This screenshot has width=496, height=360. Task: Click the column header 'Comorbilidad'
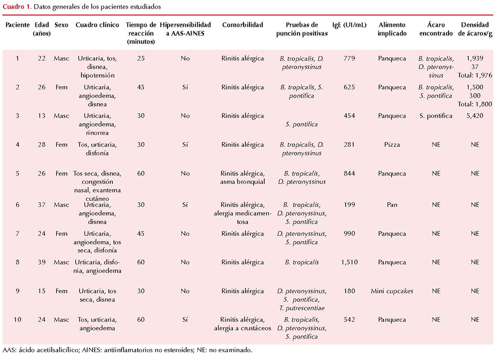(242, 25)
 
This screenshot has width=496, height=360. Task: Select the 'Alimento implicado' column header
(392, 29)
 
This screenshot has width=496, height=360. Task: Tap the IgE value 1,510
(349, 262)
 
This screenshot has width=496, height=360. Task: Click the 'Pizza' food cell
(392, 145)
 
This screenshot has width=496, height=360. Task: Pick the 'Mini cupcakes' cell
(392, 291)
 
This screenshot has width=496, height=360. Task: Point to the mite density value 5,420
(475, 116)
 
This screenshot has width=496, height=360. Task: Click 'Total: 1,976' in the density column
(475, 75)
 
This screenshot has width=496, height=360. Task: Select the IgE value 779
(349, 59)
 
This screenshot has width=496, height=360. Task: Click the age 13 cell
(42, 116)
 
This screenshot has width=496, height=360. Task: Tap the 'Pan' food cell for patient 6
(392, 205)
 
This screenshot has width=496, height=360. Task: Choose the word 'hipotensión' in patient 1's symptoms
(97, 75)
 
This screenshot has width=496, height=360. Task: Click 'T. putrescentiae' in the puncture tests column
(302, 308)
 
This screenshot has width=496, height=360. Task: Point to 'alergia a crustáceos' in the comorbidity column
(242, 329)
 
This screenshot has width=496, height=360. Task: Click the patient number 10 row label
(17, 319)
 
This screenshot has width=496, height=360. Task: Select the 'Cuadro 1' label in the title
(17, 7)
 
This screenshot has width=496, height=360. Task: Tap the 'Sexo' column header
(61, 25)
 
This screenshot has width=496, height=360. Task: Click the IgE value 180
(349, 291)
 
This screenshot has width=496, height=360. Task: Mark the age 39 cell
(42, 262)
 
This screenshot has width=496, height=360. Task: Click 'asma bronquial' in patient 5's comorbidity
(242, 182)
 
